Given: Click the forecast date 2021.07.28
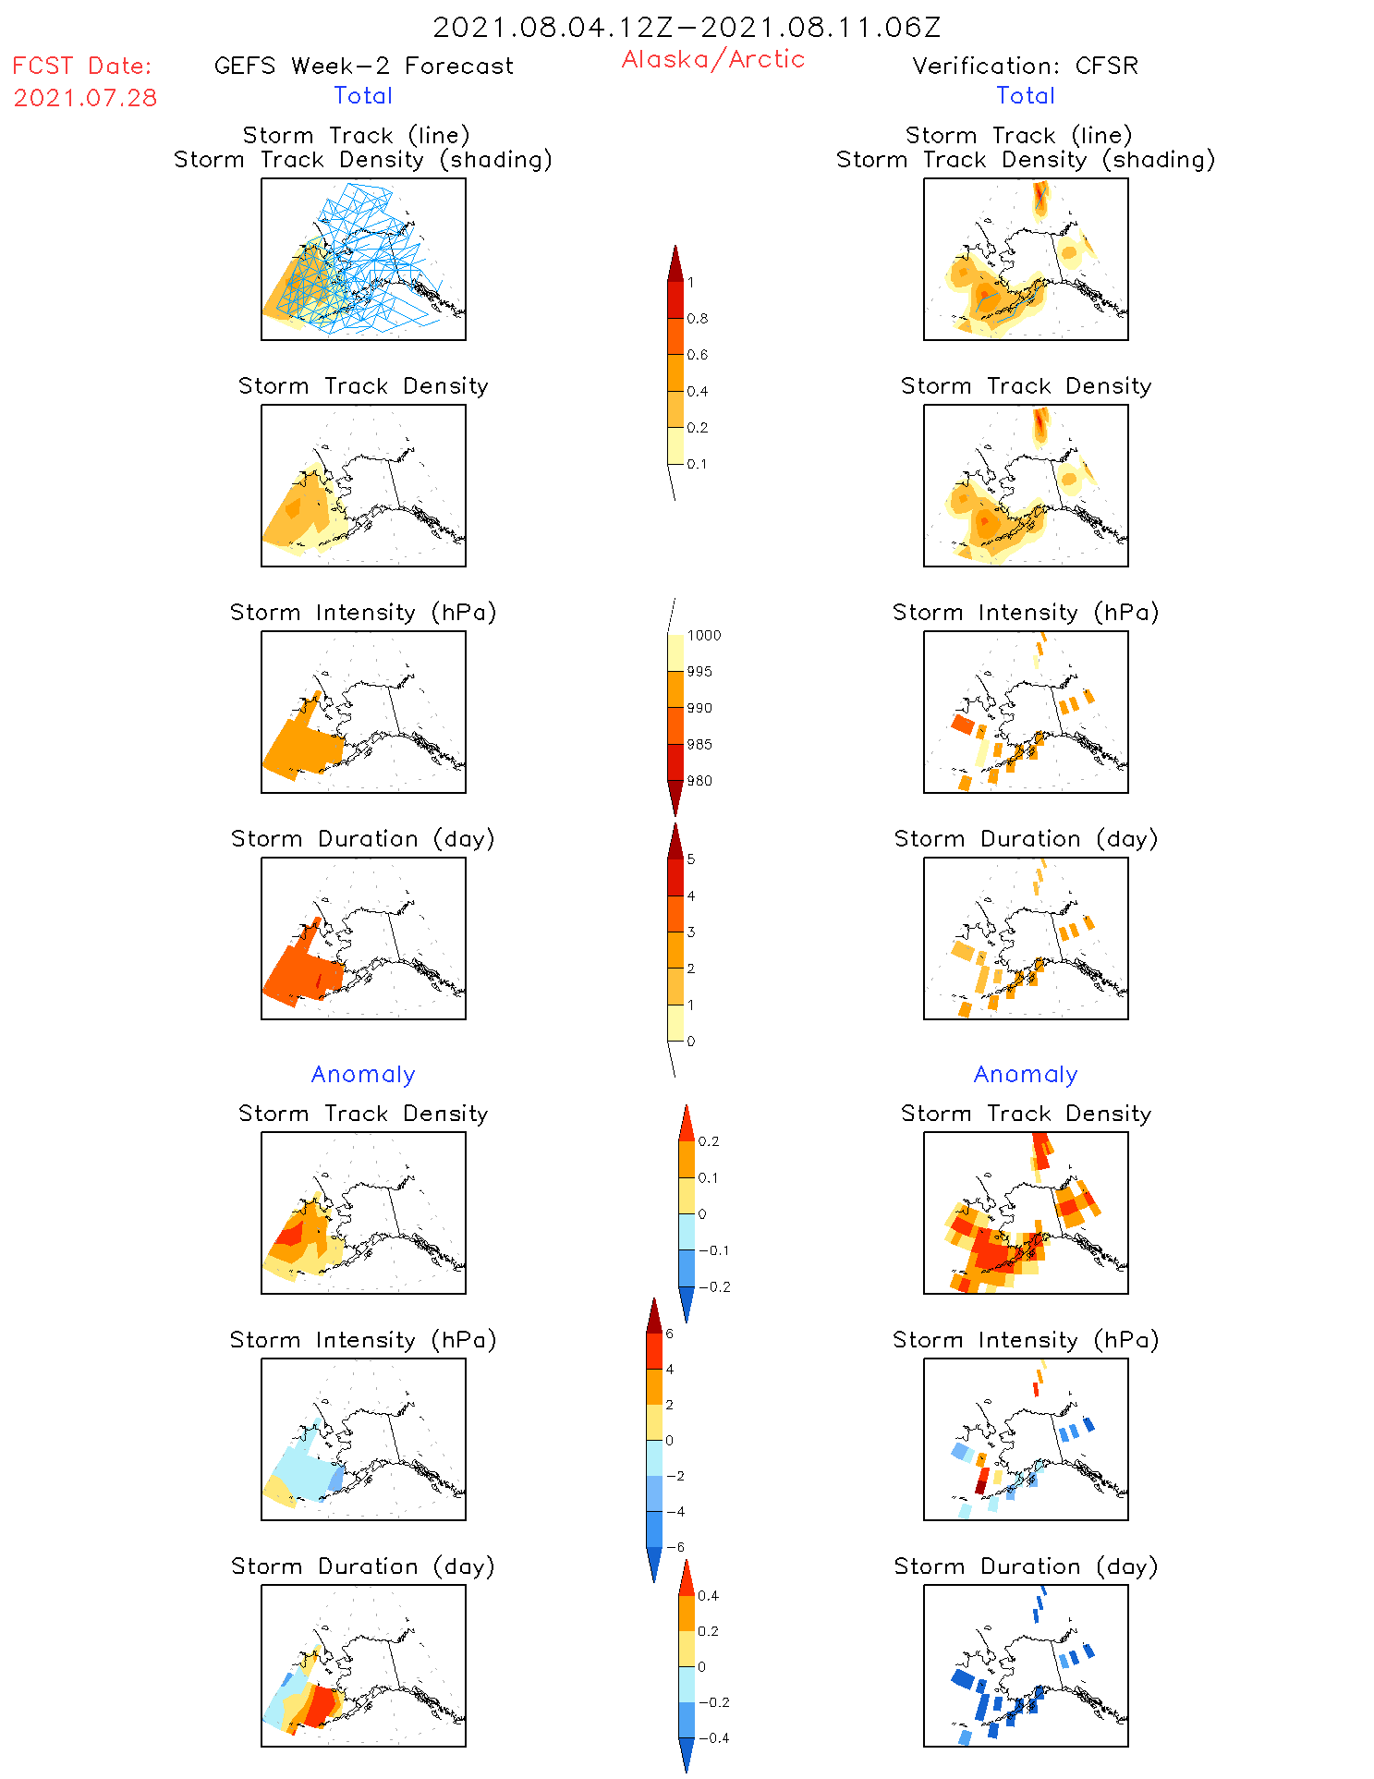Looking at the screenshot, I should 85,98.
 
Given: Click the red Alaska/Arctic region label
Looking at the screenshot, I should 712,59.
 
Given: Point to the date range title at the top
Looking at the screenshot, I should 687,27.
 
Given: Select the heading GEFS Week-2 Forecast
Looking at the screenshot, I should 363,66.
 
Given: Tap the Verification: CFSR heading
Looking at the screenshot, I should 1025,66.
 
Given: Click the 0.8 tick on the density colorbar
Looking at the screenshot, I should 698,319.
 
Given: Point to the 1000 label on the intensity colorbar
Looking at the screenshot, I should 703,636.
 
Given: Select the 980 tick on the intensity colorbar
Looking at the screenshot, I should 699,781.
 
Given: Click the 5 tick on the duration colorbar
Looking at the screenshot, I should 691,859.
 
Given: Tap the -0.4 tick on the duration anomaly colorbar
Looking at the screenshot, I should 712,1737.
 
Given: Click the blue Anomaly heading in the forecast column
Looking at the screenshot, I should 363,1074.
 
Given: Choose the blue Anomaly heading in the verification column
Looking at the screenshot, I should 1026,1074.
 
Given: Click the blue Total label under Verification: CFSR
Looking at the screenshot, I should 1026,95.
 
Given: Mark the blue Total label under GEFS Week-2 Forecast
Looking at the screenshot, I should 363,95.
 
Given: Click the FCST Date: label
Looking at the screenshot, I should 81,66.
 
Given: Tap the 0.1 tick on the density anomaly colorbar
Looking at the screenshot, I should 708,1178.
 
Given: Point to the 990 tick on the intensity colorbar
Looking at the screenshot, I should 699,708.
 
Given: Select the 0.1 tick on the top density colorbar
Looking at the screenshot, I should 697,464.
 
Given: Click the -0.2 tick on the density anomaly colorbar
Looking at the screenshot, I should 713,1287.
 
